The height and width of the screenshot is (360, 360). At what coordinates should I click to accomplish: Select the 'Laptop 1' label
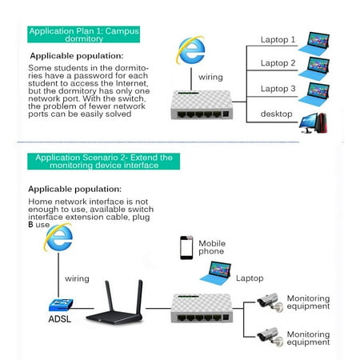click(x=278, y=38)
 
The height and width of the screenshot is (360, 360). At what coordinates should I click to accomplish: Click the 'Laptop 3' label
click(x=278, y=89)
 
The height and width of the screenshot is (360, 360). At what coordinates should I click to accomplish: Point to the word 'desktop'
click(x=276, y=114)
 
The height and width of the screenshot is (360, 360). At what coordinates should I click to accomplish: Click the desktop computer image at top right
click(x=314, y=120)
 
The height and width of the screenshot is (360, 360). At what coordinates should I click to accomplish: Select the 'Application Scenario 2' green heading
click(x=99, y=162)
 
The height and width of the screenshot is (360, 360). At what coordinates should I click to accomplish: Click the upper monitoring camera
click(x=265, y=302)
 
